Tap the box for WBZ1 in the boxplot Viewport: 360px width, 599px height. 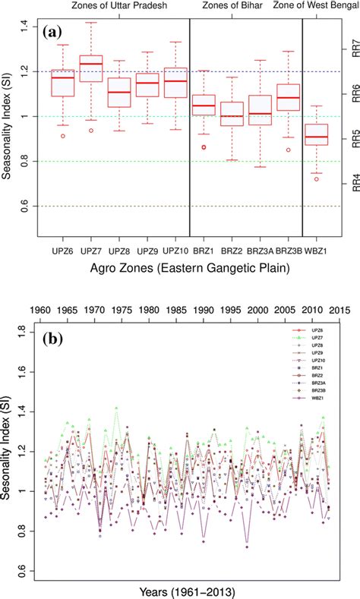(x=315, y=134)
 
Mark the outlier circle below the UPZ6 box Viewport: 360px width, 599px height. (x=63, y=136)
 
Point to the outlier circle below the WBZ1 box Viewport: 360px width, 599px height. (x=315, y=179)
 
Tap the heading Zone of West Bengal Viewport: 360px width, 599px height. (x=311, y=6)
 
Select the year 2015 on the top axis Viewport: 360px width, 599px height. (x=336, y=311)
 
